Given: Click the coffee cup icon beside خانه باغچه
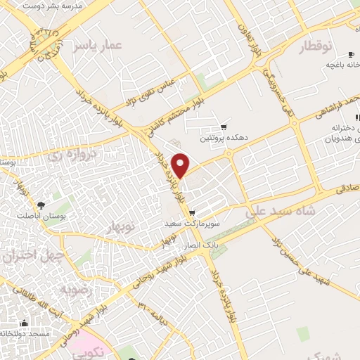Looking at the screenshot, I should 351,55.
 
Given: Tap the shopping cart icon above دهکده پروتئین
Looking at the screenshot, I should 224,127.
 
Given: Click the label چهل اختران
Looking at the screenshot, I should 29,257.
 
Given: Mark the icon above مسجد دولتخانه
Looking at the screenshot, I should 24,323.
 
